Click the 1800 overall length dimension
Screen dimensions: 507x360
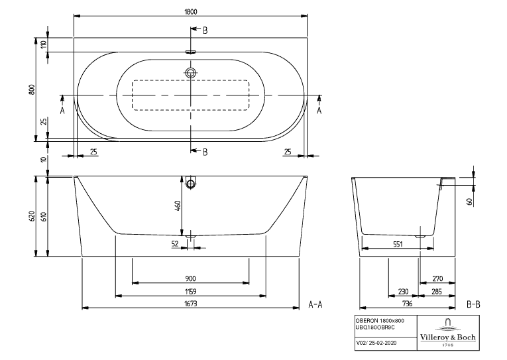(x=190, y=12)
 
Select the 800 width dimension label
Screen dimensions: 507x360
(x=32, y=90)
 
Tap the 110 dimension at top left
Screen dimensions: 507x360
(x=44, y=44)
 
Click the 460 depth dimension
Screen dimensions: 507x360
(x=178, y=206)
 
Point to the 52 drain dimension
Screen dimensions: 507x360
(x=175, y=243)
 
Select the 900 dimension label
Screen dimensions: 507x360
(x=190, y=278)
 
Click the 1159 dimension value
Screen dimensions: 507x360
(x=190, y=292)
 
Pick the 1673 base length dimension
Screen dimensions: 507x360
(x=190, y=304)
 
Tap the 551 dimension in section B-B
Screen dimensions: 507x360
(x=398, y=244)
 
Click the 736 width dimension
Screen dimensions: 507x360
(x=407, y=304)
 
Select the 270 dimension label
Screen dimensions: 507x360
(x=437, y=278)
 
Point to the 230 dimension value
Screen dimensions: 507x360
(x=403, y=292)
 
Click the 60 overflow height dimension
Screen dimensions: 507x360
(x=470, y=202)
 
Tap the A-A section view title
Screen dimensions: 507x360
(x=315, y=304)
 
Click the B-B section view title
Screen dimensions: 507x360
(x=473, y=304)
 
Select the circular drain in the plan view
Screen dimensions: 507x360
(x=190, y=72)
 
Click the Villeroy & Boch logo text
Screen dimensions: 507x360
(x=448, y=337)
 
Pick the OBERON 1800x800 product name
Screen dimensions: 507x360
(x=380, y=320)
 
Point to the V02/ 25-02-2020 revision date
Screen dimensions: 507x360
(x=376, y=343)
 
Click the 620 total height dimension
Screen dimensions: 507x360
(x=32, y=216)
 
